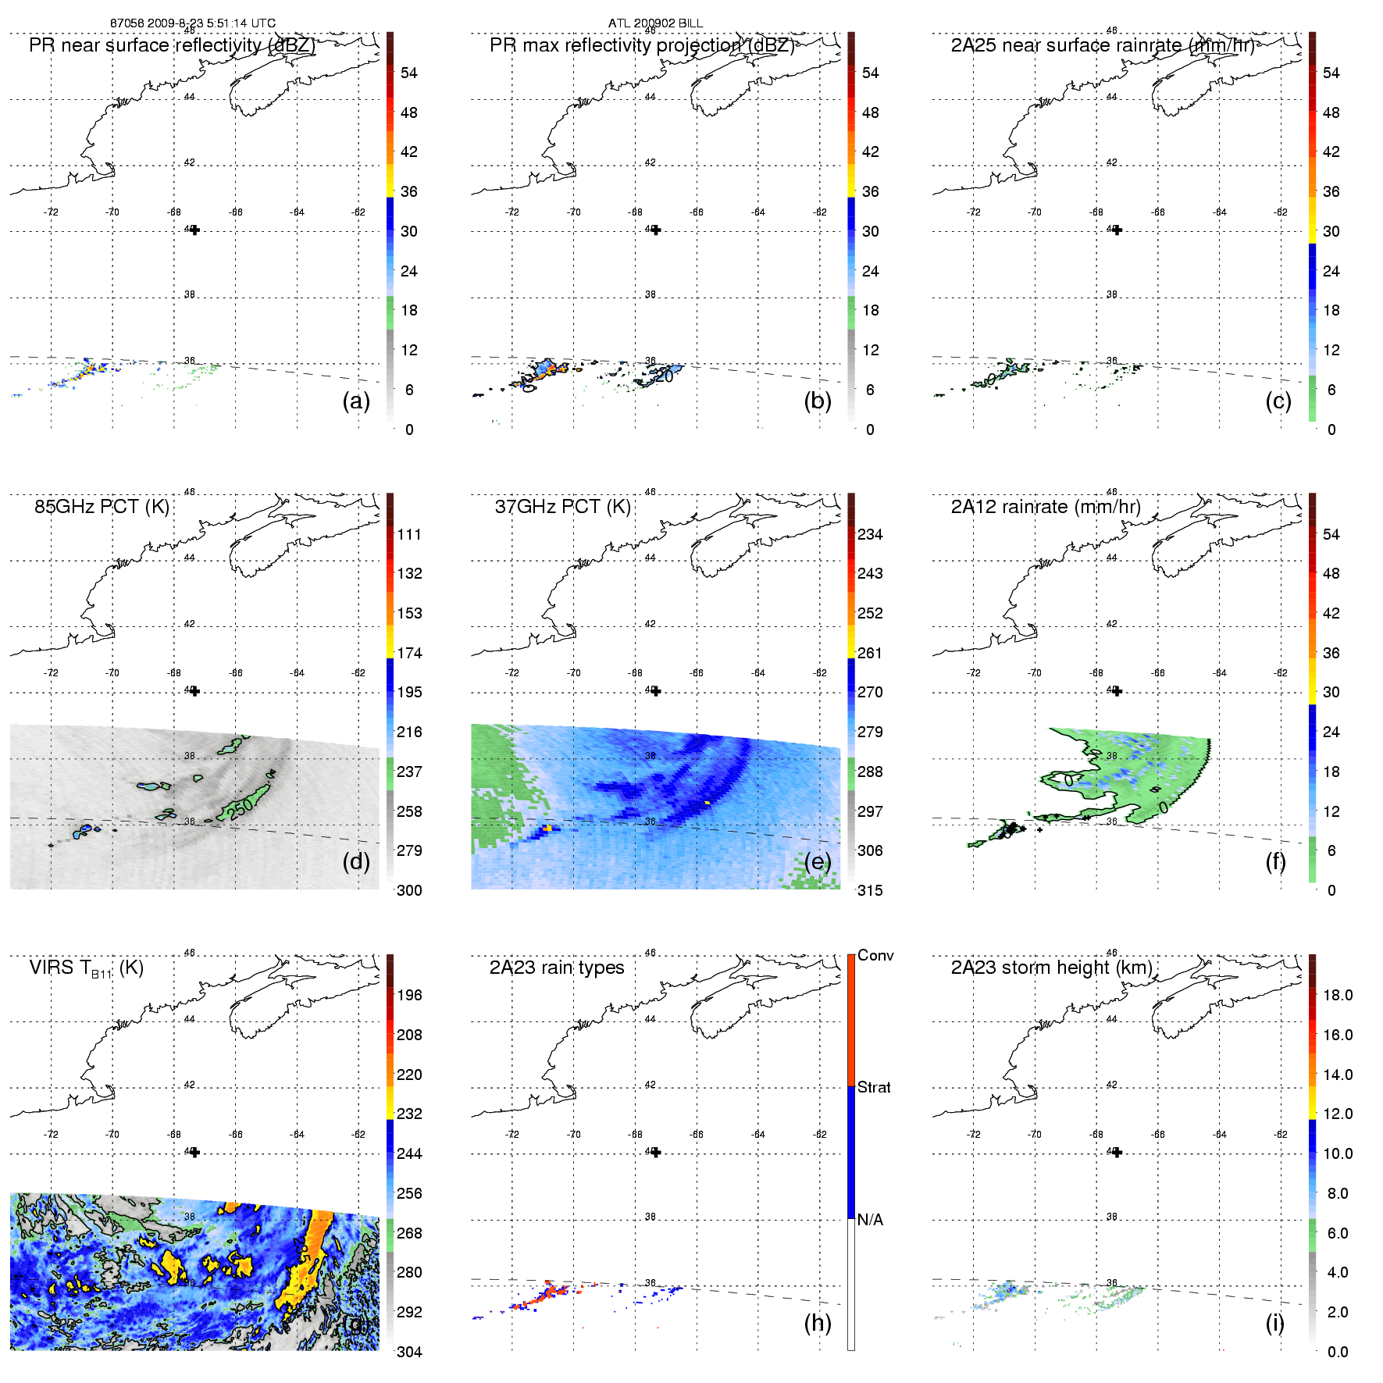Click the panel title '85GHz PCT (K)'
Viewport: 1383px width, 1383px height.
coord(102,507)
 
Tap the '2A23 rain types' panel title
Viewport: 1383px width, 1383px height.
coord(557,968)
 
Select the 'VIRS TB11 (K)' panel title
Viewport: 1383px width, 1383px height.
coord(86,968)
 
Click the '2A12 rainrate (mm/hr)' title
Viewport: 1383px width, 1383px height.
coord(1046,507)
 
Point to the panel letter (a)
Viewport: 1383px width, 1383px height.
coord(356,401)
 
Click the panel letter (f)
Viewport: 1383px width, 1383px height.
coord(1275,861)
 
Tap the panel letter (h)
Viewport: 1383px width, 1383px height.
coord(818,1322)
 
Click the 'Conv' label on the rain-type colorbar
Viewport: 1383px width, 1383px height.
coord(875,955)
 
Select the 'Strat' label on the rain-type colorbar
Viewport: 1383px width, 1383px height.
coord(874,1087)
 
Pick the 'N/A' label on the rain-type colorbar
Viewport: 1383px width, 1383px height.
coord(870,1220)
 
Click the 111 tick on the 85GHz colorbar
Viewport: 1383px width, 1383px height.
coord(409,534)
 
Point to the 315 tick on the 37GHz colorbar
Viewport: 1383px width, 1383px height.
coord(870,890)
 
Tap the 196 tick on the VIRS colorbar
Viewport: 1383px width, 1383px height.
coord(409,995)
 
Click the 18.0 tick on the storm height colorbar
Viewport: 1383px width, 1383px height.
coord(1338,995)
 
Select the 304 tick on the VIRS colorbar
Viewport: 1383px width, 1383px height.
coord(409,1352)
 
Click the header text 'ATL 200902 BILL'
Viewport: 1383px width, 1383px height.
coord(655,23)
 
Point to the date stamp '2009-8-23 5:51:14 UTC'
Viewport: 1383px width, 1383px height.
coord(212,23)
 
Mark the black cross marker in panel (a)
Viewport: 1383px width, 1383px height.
coord(194,230)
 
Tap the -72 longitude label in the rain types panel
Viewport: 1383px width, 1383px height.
coord(512,1134)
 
